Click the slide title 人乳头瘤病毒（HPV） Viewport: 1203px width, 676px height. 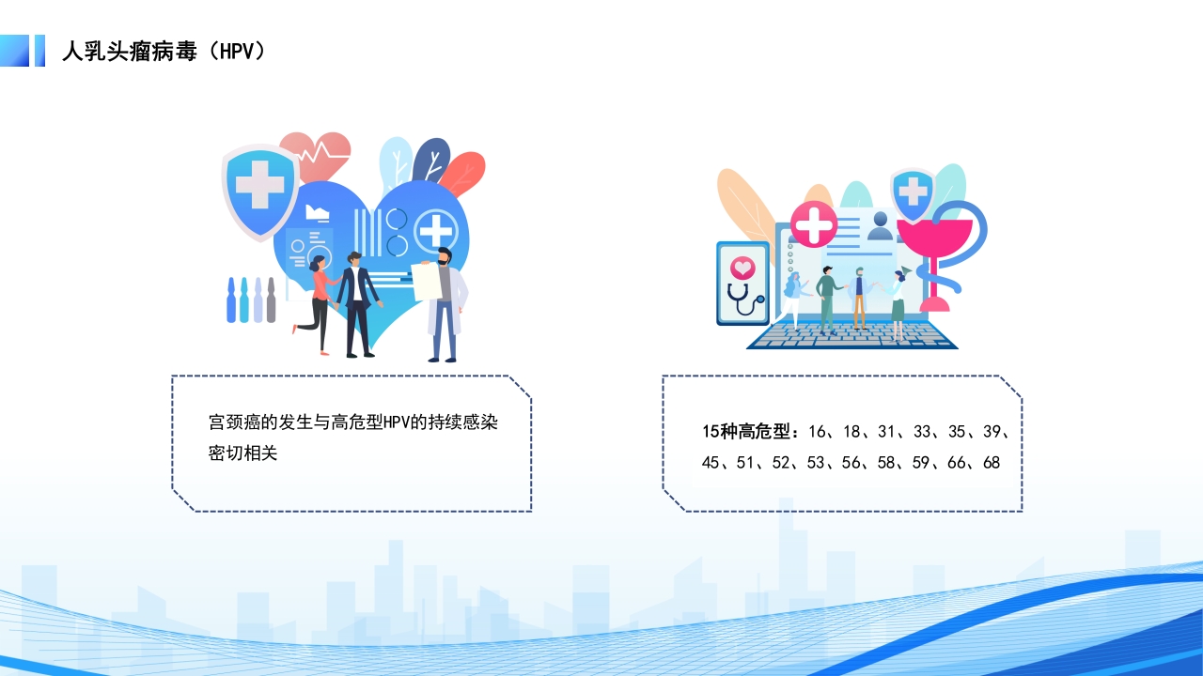pyautogui.click(x=164, y=51)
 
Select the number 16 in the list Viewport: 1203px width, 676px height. pyautogui.click(x=816, y=432)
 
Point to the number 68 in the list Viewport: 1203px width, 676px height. pyautogui.click(x=992, y=463)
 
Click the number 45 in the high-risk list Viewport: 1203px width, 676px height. pyautogui.click(x=711, y=463)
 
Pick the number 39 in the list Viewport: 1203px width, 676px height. pyautogui.click(x=992, y=432)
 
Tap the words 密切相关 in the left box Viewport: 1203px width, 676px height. pyautogui.click(x=243, y=453)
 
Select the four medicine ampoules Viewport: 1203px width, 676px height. pyautogui.click(x=251, y=300)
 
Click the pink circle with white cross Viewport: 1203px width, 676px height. pyautogui.click(x=813, y=223)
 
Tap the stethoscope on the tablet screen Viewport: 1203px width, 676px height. pyautogui.click(x=743, y=298)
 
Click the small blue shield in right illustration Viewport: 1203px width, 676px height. pyautogui.click(x=912, y=194)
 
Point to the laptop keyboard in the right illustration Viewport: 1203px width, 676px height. pyautogui.click(x=851, y=335)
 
